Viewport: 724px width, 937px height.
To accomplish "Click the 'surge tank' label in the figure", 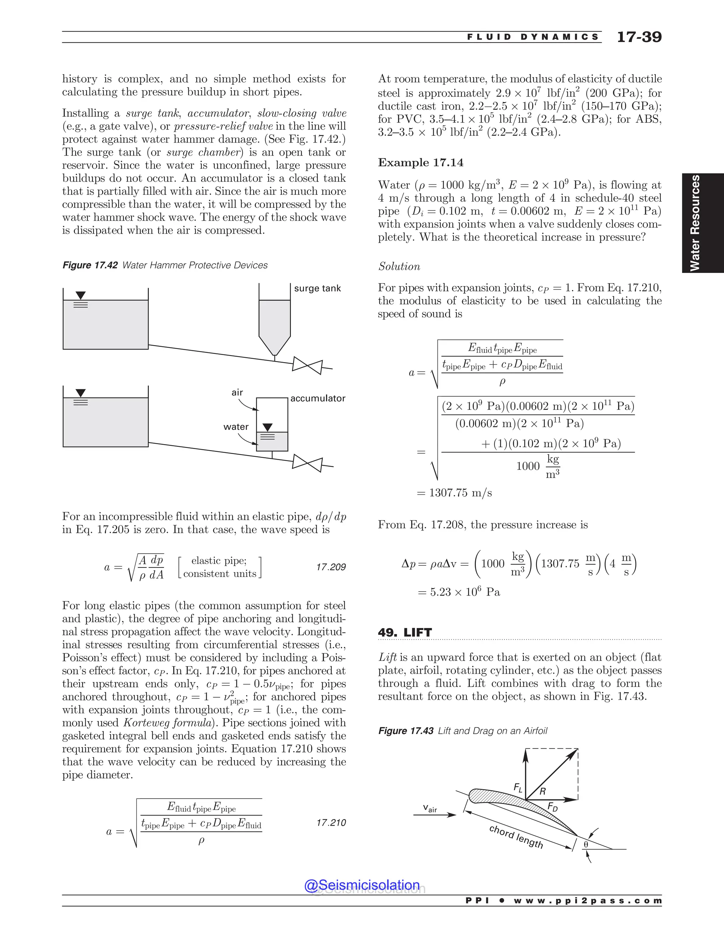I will (x=317, y=288).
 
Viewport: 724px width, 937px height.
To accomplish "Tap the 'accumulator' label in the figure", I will (x=318, y=398).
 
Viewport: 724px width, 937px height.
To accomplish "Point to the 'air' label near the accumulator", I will (x=237, y=392).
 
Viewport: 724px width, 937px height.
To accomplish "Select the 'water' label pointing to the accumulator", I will (x=236, y=426).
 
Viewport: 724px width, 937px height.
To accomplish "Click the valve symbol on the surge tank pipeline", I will (x=307, y=366).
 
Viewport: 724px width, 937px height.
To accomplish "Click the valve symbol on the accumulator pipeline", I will (x=307, y=463).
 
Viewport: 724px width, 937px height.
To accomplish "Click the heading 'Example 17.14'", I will (x=420, y=163).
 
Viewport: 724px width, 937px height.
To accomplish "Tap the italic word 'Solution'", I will (x=399, y=267).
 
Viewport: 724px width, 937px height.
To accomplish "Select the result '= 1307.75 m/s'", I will (x=455, y=493).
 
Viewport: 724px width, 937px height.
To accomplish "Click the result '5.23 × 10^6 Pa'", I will (x=459, y=592).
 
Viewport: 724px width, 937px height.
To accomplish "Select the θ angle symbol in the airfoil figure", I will (x=585, y=844).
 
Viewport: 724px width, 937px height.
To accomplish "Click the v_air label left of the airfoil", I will (x=430, y=808).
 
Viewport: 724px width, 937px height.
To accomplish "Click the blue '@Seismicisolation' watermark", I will (x=362, y=885).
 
